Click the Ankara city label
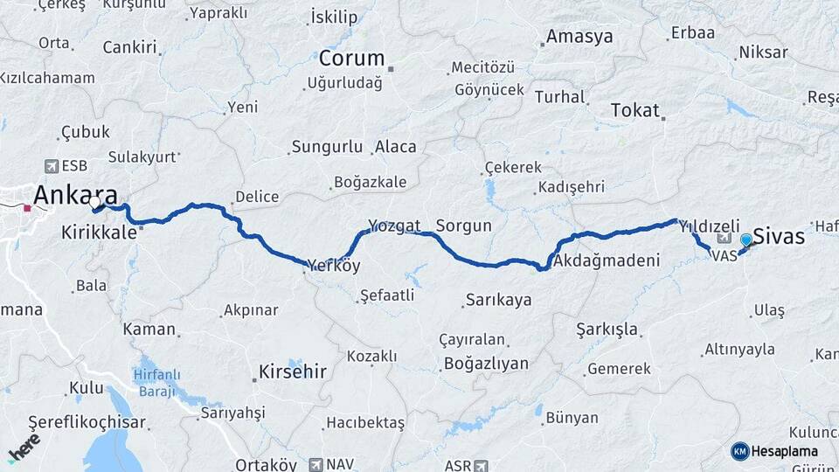click(75, 194)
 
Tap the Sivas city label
click(779, 235)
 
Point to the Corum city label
click(351, 59)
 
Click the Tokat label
click(634, 110)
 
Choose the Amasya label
click(579, 37)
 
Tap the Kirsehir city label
click(292, 371)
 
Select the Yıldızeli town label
click(710, 225)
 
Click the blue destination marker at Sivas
click(746, 239)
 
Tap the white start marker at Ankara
click(94, 204)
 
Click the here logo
click(24, 448)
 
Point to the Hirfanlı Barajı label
click(156, 383)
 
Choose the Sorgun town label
click(463, 226)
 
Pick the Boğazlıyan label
click(486, 363)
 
